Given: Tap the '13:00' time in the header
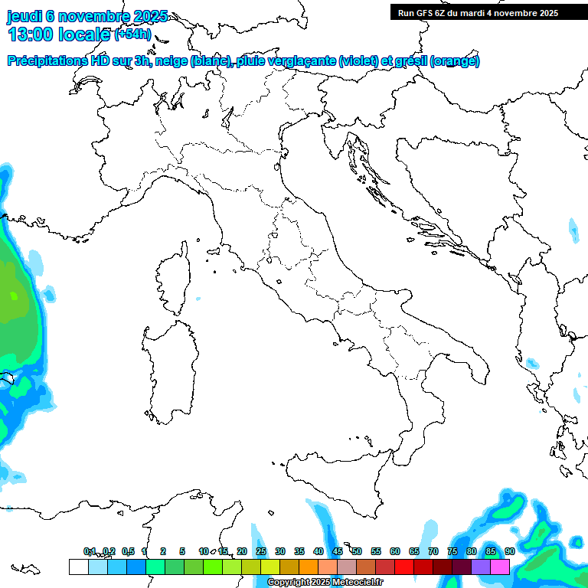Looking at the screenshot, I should coord(31,34).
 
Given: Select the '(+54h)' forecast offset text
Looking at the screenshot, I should coord(132,34).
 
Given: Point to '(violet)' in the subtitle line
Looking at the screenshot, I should coord(361,61).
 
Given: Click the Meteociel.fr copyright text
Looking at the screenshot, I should coord(325,583).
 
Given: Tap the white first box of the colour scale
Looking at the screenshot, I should coord(78,567).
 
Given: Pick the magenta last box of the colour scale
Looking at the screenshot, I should coord(500,567).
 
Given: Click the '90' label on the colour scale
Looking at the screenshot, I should coord(510,551).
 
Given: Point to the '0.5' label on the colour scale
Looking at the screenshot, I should coord(128,551).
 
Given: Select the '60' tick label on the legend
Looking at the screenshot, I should coord(395,551).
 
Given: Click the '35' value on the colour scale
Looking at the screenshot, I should coord(299,551).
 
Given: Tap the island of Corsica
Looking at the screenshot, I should coord(175,279).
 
